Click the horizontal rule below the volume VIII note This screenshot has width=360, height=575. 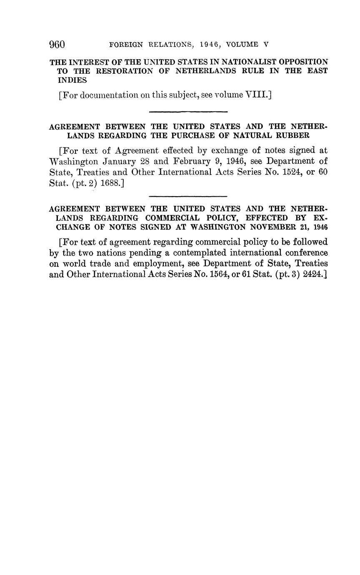pyautogui.click(x=188, y=112)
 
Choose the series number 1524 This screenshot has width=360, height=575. pyautogui.click(x=290, y=172)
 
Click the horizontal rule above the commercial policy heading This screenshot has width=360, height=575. pyautogui.click(x=188, y=196)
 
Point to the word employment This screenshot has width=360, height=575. pyautogui.click(x=157, y=264)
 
